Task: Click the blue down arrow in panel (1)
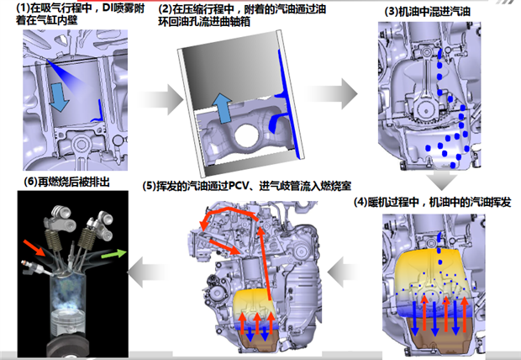[59, 97]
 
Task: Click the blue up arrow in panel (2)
[222, 109]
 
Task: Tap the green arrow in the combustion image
[113, 254]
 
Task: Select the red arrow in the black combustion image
[34, 247]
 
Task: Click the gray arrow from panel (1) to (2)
[161, 99]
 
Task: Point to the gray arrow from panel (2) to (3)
[332, 93]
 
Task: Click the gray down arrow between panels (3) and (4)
[441, 181]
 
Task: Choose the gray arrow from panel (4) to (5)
[344, 272]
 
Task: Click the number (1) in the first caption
[23, 8]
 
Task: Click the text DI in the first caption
[108, 8]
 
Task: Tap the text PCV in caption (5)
[239, 186]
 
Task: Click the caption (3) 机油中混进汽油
[427, 12]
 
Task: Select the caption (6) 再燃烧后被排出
[66, 182]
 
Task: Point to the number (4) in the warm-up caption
[360, 202]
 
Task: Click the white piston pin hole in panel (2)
[247, 135]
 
